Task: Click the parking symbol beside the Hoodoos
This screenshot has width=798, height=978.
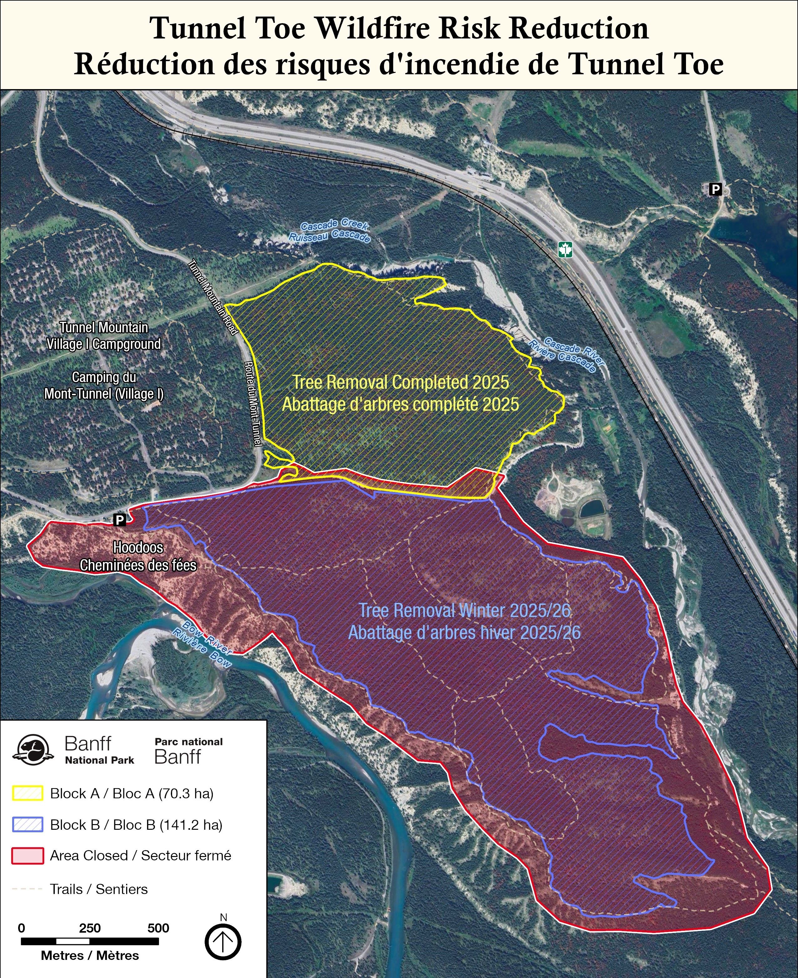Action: [x=120, y=519]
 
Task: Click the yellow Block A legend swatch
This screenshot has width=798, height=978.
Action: [x=28, y=793]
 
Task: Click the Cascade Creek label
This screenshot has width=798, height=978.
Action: [x=334, y=225]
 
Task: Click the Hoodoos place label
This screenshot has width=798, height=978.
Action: [x=138, y=548]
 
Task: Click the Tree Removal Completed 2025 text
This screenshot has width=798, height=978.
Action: [x=401, y=382]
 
